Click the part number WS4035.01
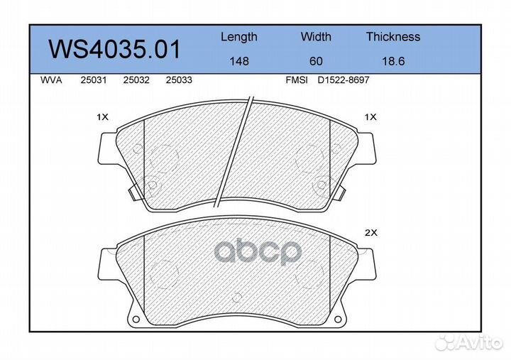pos(114,50)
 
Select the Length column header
pos(238,37)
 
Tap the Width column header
pos(315,37)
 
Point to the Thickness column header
pos(393,37)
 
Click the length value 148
pos(238,62)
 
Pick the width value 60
pos(315,62)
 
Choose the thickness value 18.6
pos(393,62)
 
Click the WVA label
pos(51,81)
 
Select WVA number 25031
pos(94,81)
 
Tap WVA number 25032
pos(136,81)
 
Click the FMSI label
pos(296,81)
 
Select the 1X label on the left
pos(102,116)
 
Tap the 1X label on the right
pos(369,116)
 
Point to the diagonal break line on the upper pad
pos(237,149)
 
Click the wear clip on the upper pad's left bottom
pos(133,192)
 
